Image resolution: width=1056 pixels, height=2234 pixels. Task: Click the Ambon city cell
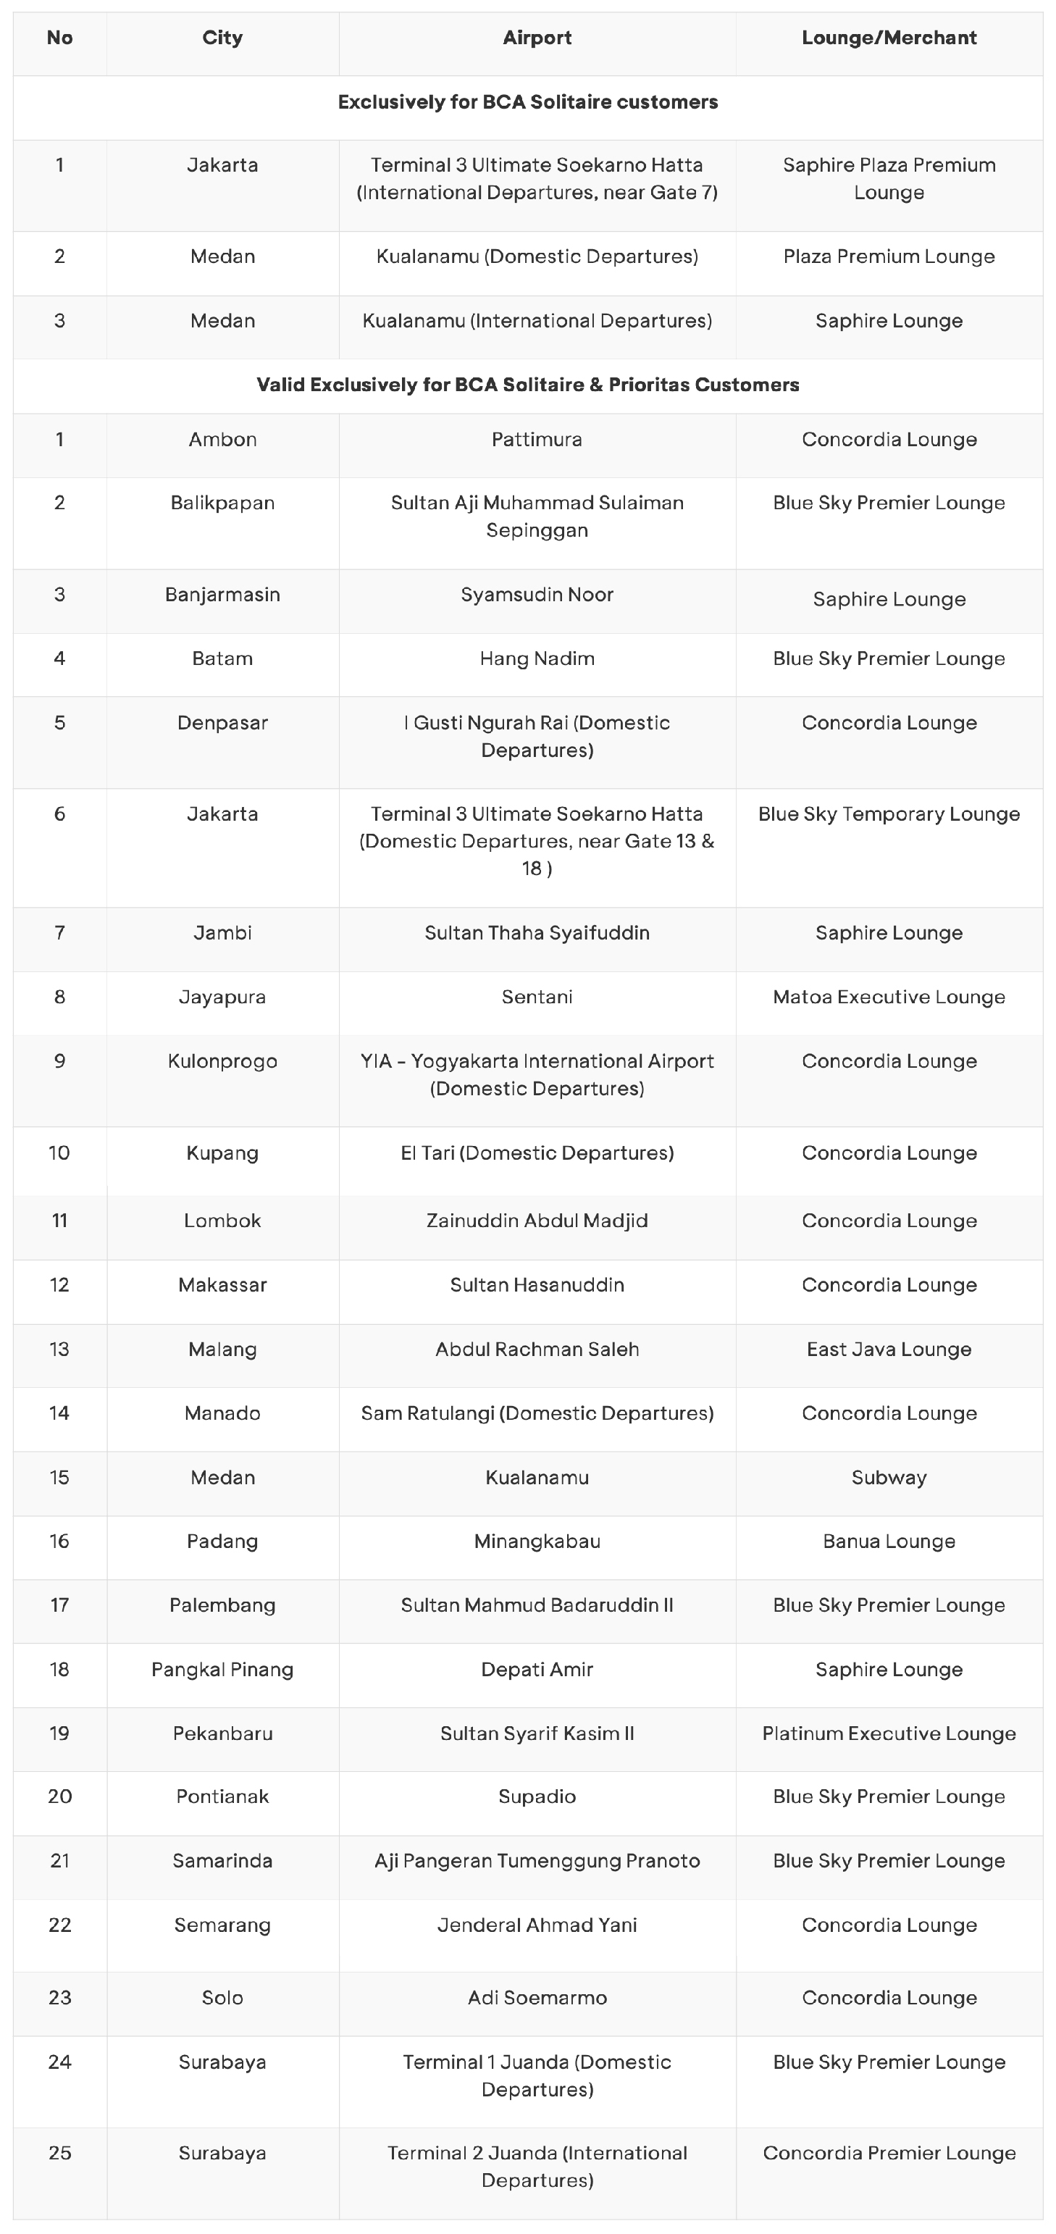pyautogui.click(x=222, y=440)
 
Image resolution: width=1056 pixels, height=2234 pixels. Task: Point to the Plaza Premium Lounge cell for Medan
pyautogui.click(x=889, y=256)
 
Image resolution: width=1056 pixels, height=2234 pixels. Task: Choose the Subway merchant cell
pyautogui.click(x=889, y=1478)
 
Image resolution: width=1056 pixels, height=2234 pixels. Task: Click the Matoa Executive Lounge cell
pyautogui.click(x=889, y=997)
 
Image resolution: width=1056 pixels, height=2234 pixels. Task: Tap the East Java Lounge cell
pyautogui.click(x=889, y=1350)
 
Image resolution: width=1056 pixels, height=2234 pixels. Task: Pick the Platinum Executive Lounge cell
pyautogui.click(x=889, y=1733)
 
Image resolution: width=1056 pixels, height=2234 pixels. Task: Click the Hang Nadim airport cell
pyautogui.click(x=537, y=659)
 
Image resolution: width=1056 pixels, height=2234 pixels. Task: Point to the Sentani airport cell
pyautogui.click(x=537, y=997)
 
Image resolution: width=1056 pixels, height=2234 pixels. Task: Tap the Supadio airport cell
pyautogui.click(x=537, y=1797)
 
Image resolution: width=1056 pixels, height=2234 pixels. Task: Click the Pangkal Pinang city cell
pyautogui.click(x=222, y=1670)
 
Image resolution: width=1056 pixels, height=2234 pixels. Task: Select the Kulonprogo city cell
pyautogui.click(x=222, y=1061)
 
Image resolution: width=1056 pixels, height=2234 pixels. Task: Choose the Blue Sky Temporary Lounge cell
pyautogui.click(x=889, y=814)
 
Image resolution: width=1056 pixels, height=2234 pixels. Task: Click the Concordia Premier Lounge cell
pyautogui.click(x=889, y=2154)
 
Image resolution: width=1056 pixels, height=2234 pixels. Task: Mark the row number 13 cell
pyautogui.click(x=59, y=1350)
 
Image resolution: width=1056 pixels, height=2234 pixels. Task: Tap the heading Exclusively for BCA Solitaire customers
pyautogui.click(x=527, y=102)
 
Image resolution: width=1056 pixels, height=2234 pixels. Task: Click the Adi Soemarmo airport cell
pyautogui.click(x=537, y=1998)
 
